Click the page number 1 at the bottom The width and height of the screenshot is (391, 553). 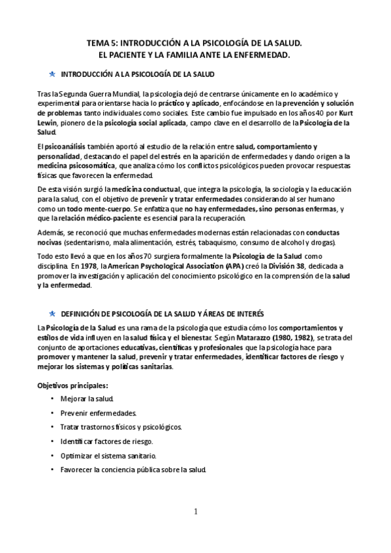click(x=195, y=511)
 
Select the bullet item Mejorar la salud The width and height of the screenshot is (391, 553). click(x=87, y=398)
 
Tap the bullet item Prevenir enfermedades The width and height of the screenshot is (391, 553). click(x=98, y=413)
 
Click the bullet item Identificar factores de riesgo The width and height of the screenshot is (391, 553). click(x=107, y=441)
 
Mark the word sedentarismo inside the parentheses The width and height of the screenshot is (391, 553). click(x=86, y=243)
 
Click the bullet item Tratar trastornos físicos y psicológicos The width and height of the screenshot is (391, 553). click(x=121, y=427)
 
